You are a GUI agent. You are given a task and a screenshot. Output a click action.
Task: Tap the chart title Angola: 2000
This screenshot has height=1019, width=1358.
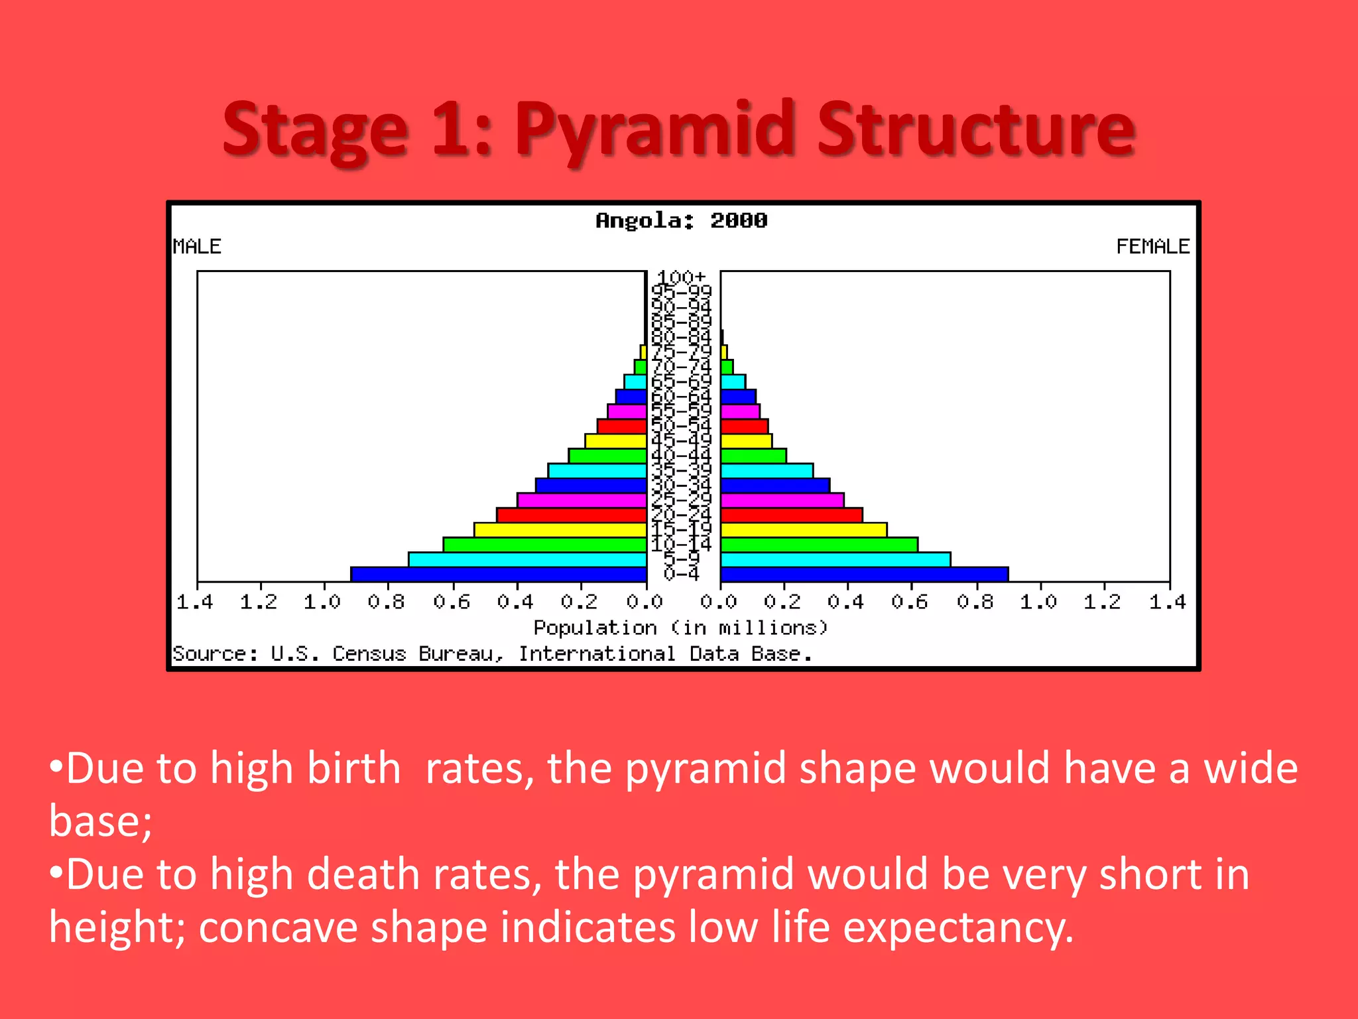[x=681, y=220]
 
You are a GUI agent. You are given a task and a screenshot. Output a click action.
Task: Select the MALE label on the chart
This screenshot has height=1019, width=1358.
[x=197, y=246]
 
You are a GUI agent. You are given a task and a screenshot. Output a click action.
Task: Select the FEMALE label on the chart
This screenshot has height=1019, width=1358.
[x=1152, y=246]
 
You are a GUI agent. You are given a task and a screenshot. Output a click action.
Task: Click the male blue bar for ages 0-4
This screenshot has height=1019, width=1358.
[x=499, y=575]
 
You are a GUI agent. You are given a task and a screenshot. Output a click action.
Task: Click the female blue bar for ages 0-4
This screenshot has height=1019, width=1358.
[x=864, y=575]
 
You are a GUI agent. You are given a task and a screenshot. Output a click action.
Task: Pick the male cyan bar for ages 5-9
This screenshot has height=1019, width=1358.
[x=527, y=559]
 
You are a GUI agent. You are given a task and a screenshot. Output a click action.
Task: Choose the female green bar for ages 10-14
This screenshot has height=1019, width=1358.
[x=819, y=545]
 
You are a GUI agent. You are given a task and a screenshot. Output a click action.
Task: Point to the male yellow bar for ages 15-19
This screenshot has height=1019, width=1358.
[x=560, y=530]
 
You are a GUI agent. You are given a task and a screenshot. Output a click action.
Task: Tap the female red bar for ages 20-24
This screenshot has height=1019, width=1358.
[x=791, y=515]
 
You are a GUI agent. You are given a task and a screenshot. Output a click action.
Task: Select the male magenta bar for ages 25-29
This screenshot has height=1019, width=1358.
[x=582, y=500]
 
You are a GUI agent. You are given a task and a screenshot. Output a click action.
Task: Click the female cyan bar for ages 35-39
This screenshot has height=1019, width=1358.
[x=767, y=471]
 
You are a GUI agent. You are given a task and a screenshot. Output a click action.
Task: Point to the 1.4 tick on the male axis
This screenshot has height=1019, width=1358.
[x=195, y=602]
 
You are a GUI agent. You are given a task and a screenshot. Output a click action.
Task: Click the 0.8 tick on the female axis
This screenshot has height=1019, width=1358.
[x=975, y=602]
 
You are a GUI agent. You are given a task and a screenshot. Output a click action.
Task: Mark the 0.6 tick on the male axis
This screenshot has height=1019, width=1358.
[x=452, y=602]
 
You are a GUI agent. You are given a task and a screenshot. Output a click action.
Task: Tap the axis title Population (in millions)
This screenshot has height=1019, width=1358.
[x=681, y=628]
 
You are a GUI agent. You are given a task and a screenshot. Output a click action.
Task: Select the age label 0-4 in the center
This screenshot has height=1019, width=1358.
[x=682, y=575]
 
